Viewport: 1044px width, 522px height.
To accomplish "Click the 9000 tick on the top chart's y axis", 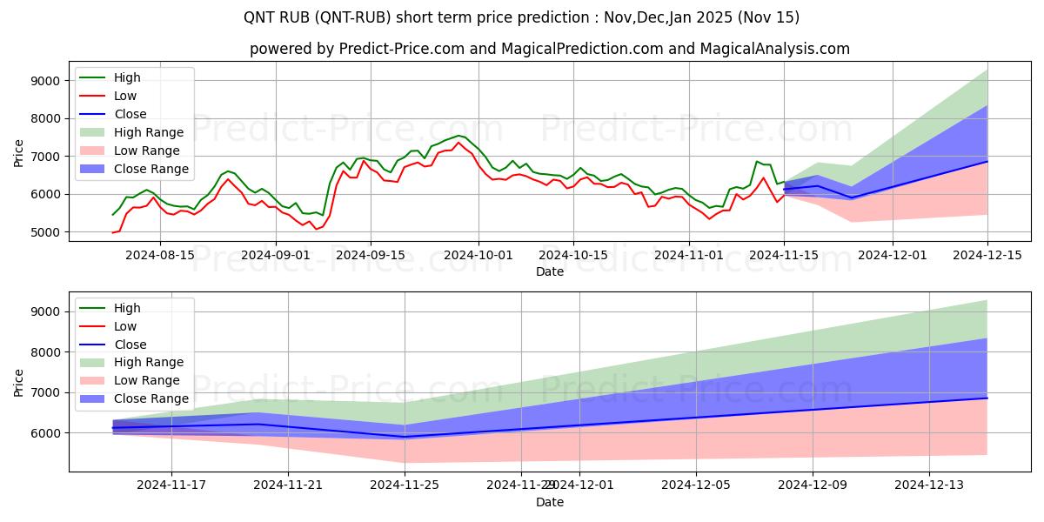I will [x=43, y=81].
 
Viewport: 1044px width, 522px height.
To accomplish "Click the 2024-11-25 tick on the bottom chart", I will [x=405, y=485].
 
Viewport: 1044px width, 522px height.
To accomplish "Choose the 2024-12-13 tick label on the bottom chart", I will [x=929, y=485].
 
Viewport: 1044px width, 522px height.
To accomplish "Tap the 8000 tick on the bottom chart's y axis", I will [x=43, y=352].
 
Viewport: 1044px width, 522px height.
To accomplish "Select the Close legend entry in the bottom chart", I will [x=130, y=345].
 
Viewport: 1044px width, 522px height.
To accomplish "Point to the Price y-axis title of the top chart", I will [x=19, y=153].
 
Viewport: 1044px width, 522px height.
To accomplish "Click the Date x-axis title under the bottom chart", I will [x=549, y=502].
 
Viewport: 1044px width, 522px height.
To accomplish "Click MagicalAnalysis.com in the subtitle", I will [x=776, y=49].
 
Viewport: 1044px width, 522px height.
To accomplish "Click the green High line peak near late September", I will [x=458, y=135].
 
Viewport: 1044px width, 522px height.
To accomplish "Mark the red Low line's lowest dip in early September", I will [x=316, y=229].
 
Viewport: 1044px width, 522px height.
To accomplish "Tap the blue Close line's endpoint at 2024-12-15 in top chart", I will [x=987, y=161].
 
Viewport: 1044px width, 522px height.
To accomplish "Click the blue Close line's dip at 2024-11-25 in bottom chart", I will [x=405, y=437].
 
